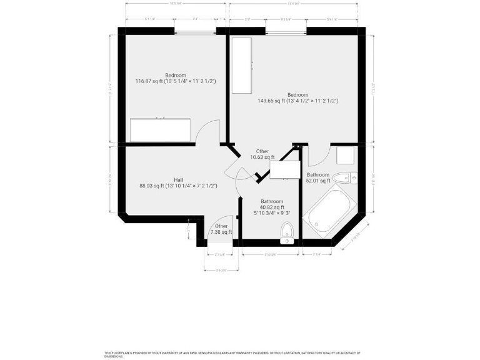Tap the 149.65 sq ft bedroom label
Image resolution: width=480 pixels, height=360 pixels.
(x=297, y=97)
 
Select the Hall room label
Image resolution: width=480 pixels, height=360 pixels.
(x=178, y=182)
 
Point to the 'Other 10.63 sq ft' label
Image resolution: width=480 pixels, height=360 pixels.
(x=262, y=154)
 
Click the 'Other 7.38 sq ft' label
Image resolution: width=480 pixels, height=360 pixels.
(x=221, y=229)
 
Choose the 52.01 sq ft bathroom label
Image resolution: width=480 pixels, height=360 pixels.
(x=317, y=177)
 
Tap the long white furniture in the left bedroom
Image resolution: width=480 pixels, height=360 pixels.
(x=161, y=130)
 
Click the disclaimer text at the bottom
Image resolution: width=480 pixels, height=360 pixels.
(x=239, y=354)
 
